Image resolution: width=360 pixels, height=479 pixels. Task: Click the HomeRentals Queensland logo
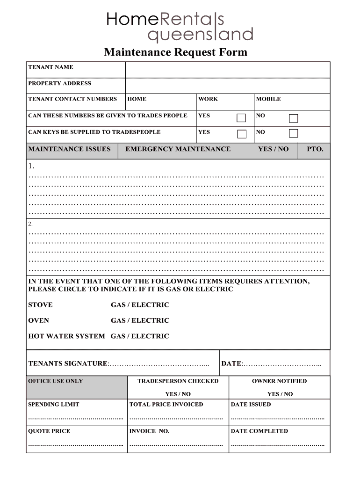coord(180,27)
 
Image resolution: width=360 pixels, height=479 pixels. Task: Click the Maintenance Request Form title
coord(175,52)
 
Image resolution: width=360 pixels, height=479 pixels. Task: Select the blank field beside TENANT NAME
coord(227,70)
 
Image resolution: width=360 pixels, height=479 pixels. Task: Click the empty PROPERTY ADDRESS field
coord(227,86)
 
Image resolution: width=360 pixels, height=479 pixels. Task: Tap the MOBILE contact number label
coord(268,99)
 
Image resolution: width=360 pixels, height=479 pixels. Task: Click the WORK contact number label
coord(208,99)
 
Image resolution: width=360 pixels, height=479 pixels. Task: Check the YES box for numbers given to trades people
coord(241,117)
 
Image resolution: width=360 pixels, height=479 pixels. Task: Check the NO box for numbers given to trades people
coord(293,118)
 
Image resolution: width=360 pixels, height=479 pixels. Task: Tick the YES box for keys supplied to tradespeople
coord(241,134)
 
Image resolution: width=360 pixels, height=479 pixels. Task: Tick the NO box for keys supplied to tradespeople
coord(293,134)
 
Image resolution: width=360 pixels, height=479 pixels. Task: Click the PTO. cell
coord(315,149)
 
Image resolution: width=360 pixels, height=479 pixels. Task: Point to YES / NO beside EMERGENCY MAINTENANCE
coord(273,149)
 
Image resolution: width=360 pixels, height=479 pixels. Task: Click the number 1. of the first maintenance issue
coord(31,166)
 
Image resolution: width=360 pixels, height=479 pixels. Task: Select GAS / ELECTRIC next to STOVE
coord(140,305)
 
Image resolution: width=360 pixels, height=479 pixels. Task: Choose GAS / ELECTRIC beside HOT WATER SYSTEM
coord(140,336)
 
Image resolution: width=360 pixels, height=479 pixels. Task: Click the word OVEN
coord(38,321)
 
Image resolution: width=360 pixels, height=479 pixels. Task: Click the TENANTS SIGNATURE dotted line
coord(159,364)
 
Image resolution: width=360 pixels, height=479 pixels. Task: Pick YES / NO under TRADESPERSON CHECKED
coord(178,394)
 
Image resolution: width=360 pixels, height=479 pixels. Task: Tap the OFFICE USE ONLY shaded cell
coord(77,387)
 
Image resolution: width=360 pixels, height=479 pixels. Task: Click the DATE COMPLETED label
coord(259,431)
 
